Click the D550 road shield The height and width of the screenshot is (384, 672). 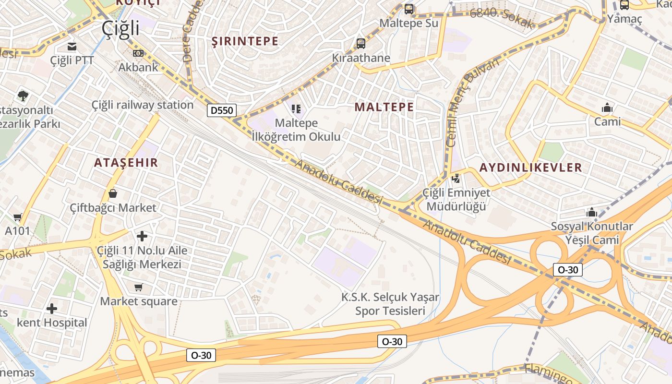click(x=222, y=110)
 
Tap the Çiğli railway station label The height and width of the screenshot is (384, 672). click(x=143, y=105)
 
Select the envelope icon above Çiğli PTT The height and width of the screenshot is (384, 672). click(x=72, y=47)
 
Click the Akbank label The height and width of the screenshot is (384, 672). click(x=138, y=67)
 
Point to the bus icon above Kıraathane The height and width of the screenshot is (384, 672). click(x=361, y=44)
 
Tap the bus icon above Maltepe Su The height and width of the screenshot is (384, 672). click(x=409, y=9)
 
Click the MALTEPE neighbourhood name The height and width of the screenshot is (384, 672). click(x=384, y=107)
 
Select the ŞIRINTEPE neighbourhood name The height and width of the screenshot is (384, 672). click(x=245, y=41)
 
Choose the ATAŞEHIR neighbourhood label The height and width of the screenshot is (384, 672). click(x=126, y=163)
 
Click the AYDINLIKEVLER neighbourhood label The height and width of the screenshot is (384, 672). click(x=530, y=168)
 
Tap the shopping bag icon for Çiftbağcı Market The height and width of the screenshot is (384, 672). click(x=113, y=193)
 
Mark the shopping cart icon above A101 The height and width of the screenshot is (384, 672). click(x=18, y=217)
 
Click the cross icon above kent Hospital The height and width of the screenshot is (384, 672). click(x=52, y=308)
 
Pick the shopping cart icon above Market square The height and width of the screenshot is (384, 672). click(x=138, y=287)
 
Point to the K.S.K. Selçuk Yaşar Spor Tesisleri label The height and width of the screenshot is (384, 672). click(x=390, y=304)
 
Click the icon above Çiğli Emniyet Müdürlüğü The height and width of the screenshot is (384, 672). click(x=456, y=179)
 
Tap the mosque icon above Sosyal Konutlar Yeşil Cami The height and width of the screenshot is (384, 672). click(x=591, y=212)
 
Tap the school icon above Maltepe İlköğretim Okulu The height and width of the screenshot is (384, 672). click(x=296, y=109)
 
